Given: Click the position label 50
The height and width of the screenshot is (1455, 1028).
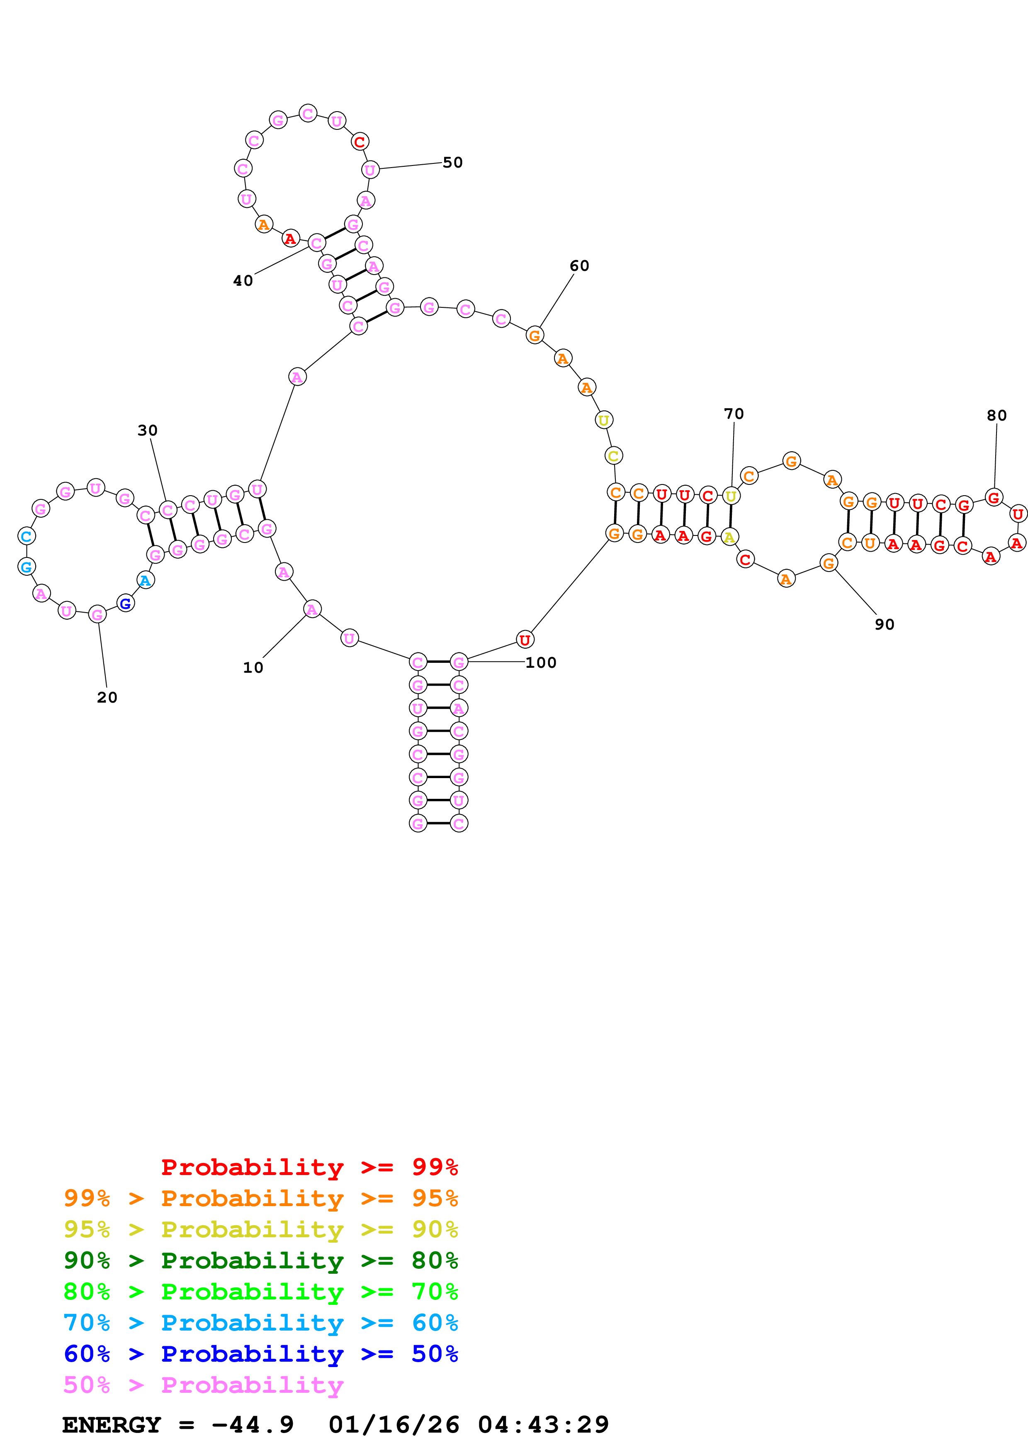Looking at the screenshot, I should [x=452, y=163].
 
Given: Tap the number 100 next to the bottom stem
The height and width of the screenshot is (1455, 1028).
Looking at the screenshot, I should [x=541, y=663].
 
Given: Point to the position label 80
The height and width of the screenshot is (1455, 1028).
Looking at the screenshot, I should [x=996, y=416].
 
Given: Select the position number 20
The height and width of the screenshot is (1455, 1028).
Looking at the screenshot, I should [x=107, y=698].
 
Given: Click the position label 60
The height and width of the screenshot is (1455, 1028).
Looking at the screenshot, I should [x=579, y=266].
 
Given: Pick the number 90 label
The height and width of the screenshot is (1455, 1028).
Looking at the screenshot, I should [x=884, y=625].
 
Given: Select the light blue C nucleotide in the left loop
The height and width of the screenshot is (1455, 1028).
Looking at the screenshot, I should [x=27, y=536].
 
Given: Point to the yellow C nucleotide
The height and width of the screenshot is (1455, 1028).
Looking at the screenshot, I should [x=613, y=456].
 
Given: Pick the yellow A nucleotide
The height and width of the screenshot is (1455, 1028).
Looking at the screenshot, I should [x=730, y=538].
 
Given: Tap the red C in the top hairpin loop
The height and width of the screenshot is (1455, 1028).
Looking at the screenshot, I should [x=360, y=142].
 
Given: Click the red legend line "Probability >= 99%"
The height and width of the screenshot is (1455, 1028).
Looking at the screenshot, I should [x=309, y=1167].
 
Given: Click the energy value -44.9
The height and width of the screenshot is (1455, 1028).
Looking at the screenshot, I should [x=253, y=1425].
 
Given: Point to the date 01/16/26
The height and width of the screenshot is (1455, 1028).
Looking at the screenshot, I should [x=394, y=1425].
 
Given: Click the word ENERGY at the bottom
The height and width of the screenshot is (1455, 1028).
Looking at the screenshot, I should [x=112, y=1425].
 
